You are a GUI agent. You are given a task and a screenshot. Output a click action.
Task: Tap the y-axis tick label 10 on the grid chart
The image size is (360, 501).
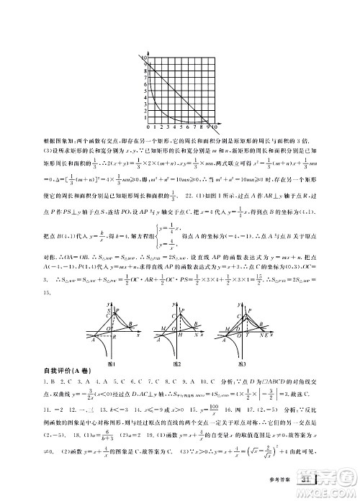pos(145,58)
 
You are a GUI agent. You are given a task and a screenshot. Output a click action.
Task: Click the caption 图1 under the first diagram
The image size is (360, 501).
pos(112,364)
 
